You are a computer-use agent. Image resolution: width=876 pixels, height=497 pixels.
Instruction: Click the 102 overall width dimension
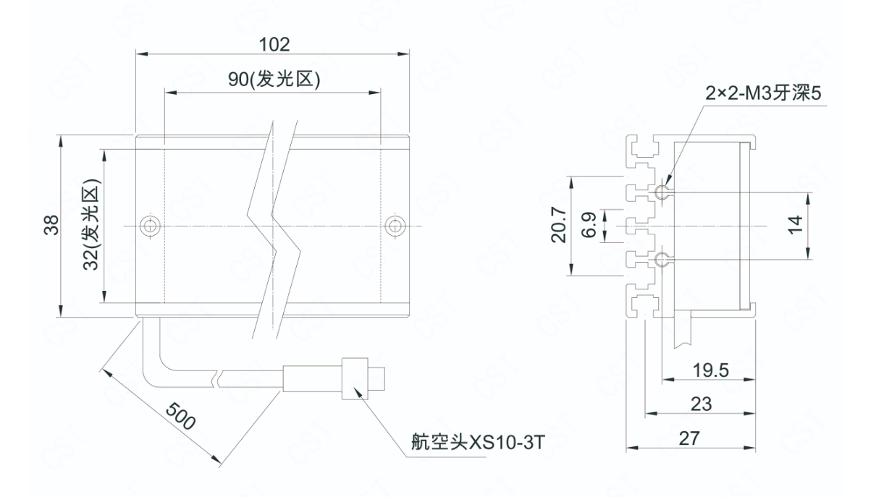point(274,44)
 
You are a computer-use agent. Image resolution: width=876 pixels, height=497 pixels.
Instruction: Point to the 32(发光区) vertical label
point(90,226)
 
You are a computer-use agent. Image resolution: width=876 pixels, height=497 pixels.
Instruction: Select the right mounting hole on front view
point(394,226)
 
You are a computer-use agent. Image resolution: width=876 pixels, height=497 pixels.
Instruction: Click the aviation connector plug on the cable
point(355,376)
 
